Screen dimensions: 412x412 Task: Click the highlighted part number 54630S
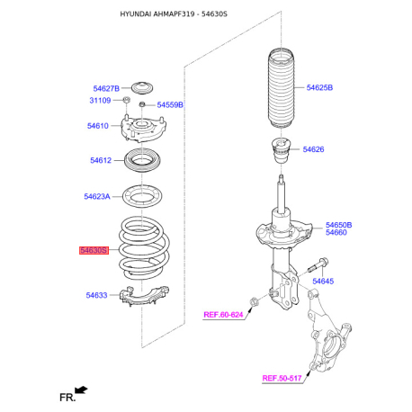94,250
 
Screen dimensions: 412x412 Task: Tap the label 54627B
106,88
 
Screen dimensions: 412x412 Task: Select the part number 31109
100,101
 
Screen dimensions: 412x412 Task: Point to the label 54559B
170,105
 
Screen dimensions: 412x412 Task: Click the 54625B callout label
319,87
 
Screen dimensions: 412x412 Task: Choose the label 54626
313,149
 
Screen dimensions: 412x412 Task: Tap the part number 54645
323,282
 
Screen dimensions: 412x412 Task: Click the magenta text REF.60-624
223,315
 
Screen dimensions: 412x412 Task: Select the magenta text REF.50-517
282,379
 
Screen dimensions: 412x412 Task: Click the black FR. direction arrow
81,390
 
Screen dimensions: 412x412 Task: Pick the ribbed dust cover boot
281,88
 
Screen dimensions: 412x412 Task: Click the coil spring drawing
144,248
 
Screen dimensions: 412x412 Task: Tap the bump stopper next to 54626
281,150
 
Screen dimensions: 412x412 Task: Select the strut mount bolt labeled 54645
318,265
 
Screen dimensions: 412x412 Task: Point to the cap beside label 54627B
142,87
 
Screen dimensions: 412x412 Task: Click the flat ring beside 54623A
142,196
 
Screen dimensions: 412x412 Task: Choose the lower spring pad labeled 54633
144,297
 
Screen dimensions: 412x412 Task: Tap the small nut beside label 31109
127,100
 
